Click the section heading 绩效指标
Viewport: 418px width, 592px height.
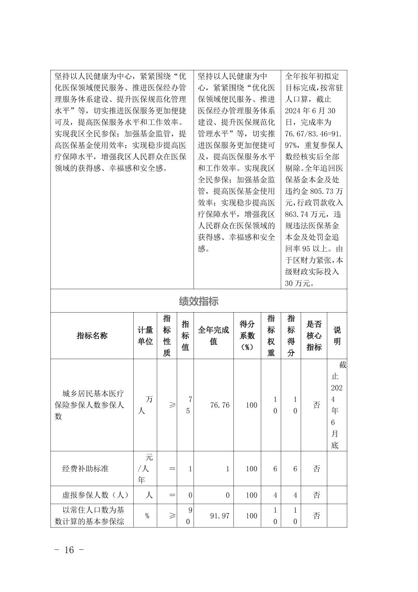click(x=199, y=301)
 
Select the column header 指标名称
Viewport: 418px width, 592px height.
click(x=92, y=336)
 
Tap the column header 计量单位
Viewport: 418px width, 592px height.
click(x=145, y=336)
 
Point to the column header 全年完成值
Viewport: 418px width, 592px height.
click(x=213, y=336)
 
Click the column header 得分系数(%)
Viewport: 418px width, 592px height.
click(x=247, y=336)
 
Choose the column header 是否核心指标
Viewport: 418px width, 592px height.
click(x=314, y=336)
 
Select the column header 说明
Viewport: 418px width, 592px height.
click(x=337, y=336)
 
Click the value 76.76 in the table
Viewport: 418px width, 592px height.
click(x=220, y=405)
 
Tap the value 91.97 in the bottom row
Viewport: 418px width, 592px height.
click(x=220, y=516)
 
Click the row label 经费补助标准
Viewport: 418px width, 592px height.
click(x=85, y=469)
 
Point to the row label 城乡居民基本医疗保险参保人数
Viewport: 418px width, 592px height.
click(x=90, y=405)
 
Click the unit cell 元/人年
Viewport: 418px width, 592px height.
click(x=145, y=469)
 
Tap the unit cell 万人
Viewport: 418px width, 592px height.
click(x=145, y=405)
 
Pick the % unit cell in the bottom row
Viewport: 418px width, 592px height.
click(x=147, y=516)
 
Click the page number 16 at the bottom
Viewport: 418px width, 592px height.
click(x=69, y=550)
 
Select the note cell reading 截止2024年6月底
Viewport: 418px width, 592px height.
click(x=337, y=405)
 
